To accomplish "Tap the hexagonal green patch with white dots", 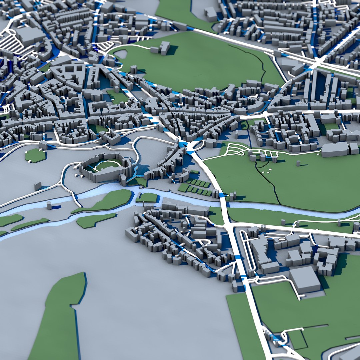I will (35, 155).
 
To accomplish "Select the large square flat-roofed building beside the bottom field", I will (305, 279).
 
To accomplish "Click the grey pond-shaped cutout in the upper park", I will (121, 54).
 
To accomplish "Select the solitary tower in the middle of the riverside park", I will (298, 163).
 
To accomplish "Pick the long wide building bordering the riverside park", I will (335, 150).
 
